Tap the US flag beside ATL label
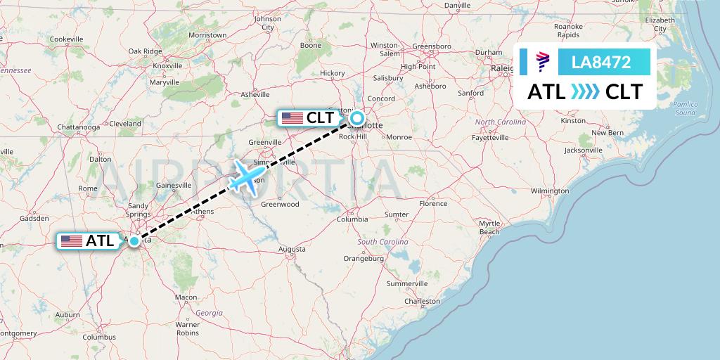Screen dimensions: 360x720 coord(71,241)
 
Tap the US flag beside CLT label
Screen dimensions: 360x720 coord(292,118)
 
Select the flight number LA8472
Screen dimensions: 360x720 coord(601,62)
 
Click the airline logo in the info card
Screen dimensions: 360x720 coord(543,62)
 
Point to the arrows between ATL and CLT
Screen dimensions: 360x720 coord(585,91)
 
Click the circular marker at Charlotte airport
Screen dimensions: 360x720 coord(357,118)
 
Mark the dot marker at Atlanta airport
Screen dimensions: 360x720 coord(134,240)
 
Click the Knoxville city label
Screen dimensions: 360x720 coord(167,65)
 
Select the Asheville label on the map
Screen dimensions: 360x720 coord(255,94)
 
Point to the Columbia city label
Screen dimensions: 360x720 coord(352,219)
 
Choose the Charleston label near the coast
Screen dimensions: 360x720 coord(422,302)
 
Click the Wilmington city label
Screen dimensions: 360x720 coord(550,191)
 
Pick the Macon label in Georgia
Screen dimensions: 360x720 coord(186,297)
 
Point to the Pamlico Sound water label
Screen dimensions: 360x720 coord(684,108)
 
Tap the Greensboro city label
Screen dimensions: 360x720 coord(431,46)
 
